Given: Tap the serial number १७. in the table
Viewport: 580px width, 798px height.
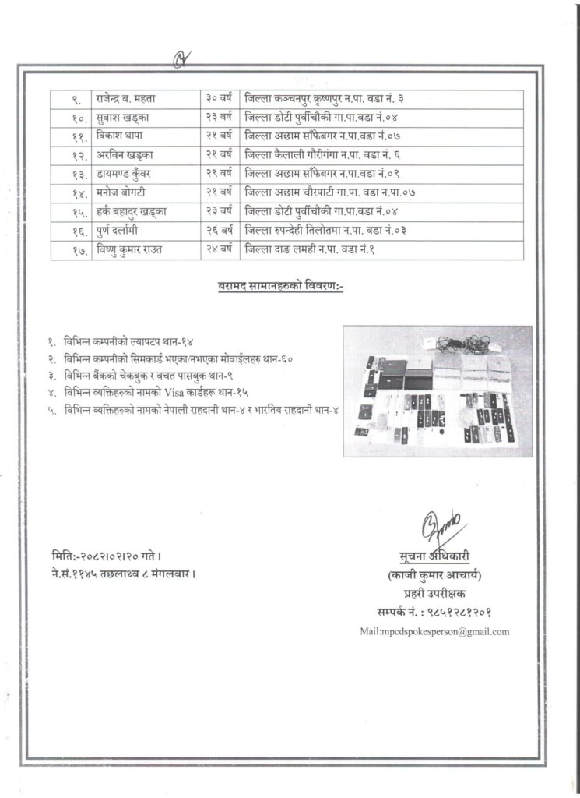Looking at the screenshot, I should pos(72,250).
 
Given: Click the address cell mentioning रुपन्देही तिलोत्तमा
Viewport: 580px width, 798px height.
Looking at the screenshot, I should pos(326,231).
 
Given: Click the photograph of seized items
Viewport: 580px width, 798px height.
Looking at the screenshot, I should pos(438,390).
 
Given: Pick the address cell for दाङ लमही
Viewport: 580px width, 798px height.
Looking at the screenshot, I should pos(310,250).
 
